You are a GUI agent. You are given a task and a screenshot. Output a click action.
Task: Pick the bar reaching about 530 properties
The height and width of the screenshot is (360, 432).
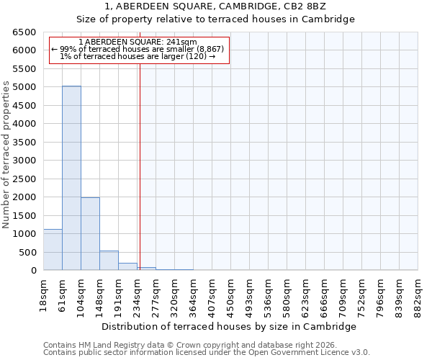pyautogui.click(x=109, y=261)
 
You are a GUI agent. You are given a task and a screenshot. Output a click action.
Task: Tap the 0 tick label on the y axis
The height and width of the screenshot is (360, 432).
pyautogui.click(x=33, y=271)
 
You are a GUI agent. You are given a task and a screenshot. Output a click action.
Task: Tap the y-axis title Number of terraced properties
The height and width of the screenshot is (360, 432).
pyautogui.click(x=6, y=155)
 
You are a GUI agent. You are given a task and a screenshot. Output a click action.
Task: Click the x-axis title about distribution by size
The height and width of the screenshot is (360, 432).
pyautogui.click(x=230, y=326)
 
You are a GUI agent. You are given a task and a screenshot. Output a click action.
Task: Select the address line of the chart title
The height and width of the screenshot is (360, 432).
pyautogui.click(x=215, y=6)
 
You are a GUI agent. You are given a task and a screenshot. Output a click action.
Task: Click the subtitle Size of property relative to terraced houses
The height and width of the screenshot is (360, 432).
pyautogui.click(x=215, y=19)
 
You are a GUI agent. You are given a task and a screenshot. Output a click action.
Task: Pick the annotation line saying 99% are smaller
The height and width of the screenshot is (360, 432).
pyautogui.click(x=138, y=49)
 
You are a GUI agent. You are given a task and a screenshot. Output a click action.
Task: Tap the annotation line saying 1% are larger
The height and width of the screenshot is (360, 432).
pyautogui.click(x=138, y=56)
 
